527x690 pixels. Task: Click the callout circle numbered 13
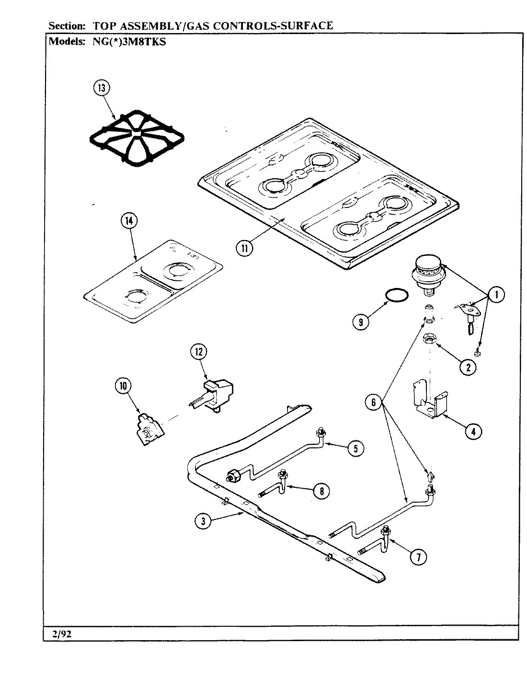click(x=102, y=88)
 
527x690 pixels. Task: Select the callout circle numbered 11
click(x=245, y=247)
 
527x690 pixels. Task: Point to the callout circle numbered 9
click(x=360, y=322)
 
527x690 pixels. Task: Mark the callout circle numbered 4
click(x=472, y=431)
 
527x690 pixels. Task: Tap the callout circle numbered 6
click(x=374, y=402)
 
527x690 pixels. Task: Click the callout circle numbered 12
click(x=198, y=352)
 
